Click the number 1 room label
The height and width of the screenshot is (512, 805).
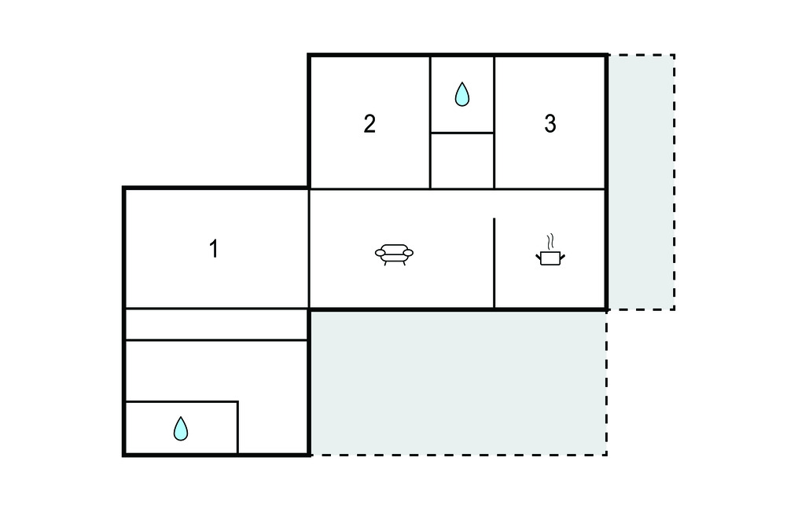click(x=214, y=250)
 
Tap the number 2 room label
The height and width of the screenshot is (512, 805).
click(x=369, y=124)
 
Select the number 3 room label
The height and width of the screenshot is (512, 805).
click(x=550, y=124)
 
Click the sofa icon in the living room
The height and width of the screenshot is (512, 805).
click(x=395, y=254)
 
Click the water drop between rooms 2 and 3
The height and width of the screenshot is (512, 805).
click(x=462, y=94)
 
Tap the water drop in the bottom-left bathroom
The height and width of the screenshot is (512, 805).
click(x=181, y=429)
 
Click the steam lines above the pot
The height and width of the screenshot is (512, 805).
click(x=550, y=241)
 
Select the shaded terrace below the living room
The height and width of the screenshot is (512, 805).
click(x=458, y=382)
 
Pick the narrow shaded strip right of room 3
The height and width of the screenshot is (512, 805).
click(x=641, y=182)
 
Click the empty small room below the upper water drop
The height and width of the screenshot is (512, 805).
click(x=462, y=161)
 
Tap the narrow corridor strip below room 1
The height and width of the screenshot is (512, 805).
click(x=217, y=324)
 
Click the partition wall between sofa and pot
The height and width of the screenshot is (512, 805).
click(x=494, y=263)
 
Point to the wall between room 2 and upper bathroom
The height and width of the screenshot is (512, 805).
click(x=430, y=122)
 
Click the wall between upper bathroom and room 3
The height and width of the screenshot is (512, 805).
click(x=494, y=122)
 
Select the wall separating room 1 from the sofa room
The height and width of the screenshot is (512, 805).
click(x=309, y=249)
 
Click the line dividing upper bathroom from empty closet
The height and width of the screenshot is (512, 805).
click(x=462, y=133)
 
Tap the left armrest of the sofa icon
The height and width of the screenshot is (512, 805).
click(x=380, y=252)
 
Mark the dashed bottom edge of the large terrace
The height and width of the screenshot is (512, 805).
click(x=458, y=455)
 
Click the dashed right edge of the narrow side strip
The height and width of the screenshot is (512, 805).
click(x=674, y=182)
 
